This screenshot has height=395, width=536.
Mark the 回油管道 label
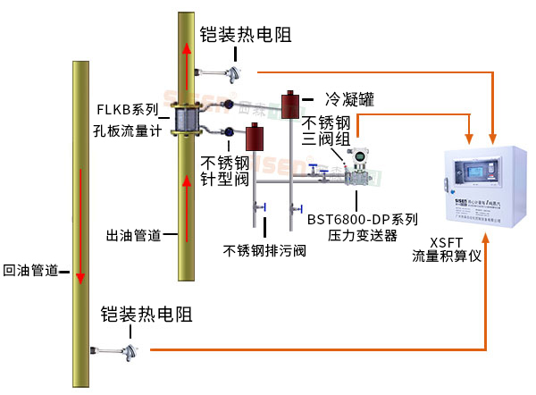point(29,269)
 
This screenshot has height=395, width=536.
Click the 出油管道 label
point(131,235)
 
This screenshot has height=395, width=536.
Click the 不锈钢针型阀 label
point(221,171)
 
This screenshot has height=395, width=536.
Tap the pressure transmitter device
point(362,164)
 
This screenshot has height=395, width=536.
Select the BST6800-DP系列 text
point(363,219)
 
